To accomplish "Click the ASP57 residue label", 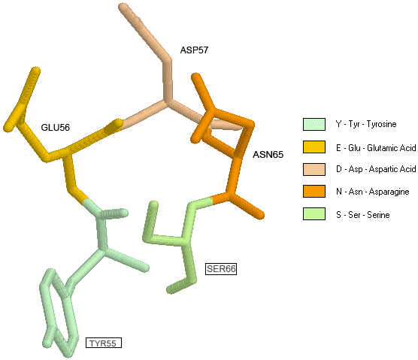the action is point(194,50).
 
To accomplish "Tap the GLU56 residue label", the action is point(56,127).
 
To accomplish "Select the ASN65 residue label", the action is point(268,155).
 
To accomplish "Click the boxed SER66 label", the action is point(221,269).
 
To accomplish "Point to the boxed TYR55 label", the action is point(104,343).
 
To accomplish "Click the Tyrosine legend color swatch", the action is point(314,124).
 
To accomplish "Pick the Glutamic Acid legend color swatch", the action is point(314,147).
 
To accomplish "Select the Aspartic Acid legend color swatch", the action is point(314,169).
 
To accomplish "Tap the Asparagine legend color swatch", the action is point(314,192).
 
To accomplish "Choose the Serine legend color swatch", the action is point(314,213).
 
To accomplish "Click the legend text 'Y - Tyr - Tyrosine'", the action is point(366,124).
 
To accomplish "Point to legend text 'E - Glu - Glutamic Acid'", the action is point(376,147).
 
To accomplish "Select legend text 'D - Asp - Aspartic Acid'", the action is point(376,169).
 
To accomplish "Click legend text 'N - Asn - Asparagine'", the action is point(373,192).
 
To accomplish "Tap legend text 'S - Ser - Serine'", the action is point(363,214).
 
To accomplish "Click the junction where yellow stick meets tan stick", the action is point(121,125).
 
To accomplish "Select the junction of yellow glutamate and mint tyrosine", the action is point(85,201).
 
